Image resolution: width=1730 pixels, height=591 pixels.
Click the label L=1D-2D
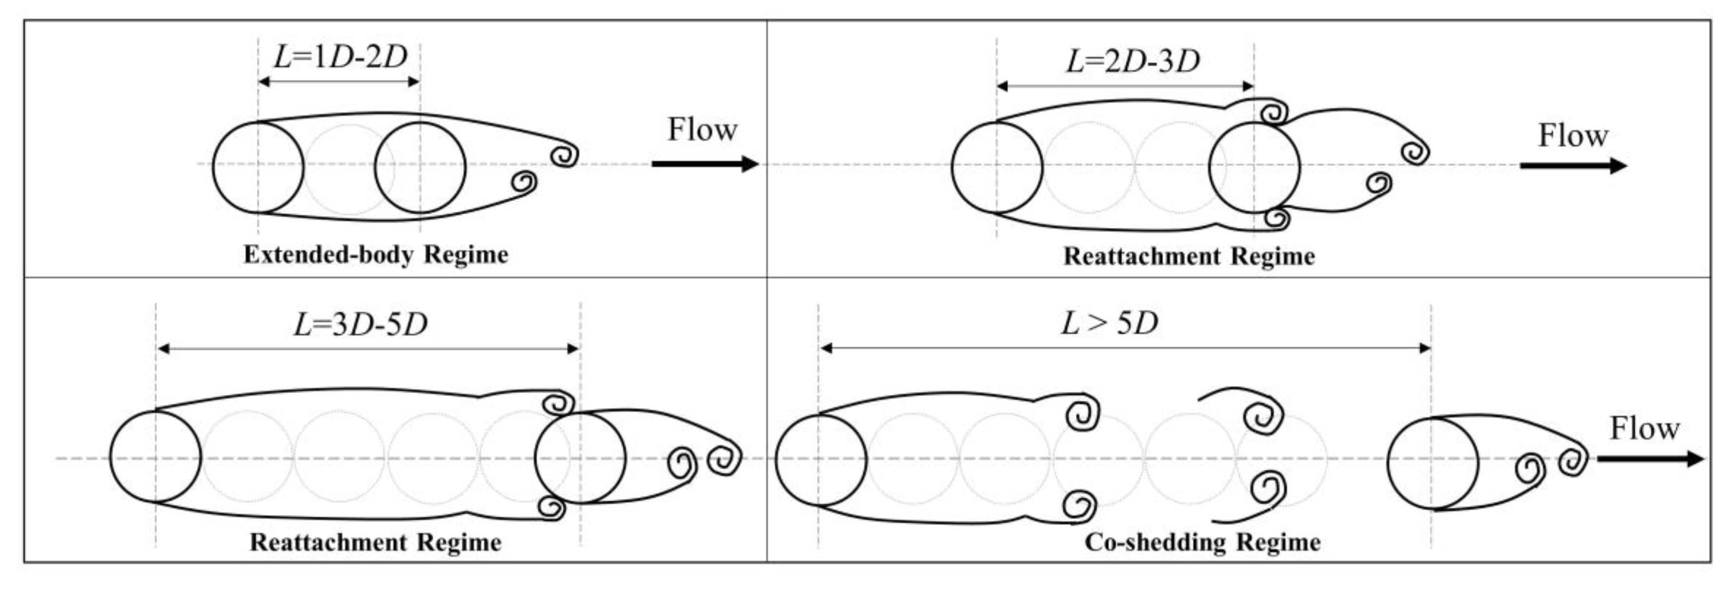(x=340, y=57)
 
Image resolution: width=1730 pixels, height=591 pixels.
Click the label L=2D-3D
(x=1132, y=62)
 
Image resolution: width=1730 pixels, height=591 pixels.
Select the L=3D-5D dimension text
(x=360, y=325)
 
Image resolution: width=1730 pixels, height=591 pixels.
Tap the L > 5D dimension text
(x=1109, y=324)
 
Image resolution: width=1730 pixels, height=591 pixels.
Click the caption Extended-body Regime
(x=376, y=255)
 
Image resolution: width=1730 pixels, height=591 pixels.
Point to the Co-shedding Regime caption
(x=1202, y=541)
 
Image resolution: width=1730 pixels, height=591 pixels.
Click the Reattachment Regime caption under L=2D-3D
(x=1189, y=257)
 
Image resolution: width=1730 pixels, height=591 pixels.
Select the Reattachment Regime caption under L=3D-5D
(x=376, y=542)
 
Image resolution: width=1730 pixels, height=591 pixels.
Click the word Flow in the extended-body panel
(x=702, y=129)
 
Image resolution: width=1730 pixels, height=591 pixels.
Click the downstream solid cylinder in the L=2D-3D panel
(x=1254, y=168)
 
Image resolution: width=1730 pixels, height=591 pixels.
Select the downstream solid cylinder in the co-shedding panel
(x=1432, y=463)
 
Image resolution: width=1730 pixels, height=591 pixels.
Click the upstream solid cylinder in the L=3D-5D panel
(x=155, y=457)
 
